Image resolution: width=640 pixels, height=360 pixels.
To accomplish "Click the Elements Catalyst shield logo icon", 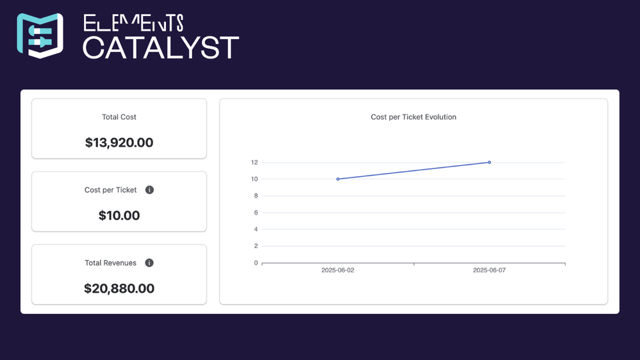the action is [x=40, y=35].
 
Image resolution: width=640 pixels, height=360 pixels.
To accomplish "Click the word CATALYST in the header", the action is [x=160, y=47].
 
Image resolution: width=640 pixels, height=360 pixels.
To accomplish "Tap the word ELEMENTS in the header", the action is [x=133, y=23].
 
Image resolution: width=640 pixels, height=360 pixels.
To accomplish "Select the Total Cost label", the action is [x=119, y=117].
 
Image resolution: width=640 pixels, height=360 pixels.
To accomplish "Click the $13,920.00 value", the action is [x=119, y=142].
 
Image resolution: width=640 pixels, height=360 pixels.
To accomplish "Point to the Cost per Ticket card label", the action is [x=110, y=190].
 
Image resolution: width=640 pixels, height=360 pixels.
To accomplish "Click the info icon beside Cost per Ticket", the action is [x=149, y=190].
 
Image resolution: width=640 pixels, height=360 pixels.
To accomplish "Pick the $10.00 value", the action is [x=119, y=215].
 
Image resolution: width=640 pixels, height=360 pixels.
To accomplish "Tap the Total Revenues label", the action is [x=110, y=263].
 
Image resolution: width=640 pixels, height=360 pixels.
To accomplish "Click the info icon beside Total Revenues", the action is [x=149, y=263].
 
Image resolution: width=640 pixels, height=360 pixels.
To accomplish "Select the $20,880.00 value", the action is [x=119, y=288].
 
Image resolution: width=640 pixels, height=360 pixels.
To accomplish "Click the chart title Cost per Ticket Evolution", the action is [x=413, y=117].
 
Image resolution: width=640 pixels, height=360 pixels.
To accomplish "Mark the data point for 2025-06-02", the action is [x=338, y=179].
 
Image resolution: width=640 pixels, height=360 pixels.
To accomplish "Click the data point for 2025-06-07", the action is [x=489, y=163].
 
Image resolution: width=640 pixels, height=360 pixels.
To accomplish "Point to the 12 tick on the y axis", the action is [x=254, y=163].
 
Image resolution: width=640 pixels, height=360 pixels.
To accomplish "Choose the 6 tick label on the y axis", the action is [x=256, y=213].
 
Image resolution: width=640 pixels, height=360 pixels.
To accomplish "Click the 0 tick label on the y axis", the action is [x=256, y=263].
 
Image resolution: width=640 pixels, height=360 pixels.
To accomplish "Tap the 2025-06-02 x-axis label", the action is [x=338, y=270].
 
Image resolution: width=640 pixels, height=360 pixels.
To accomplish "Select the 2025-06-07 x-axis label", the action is [x=489, y=270].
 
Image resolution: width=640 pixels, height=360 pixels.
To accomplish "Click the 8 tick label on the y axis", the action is [x=256, y=196].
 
